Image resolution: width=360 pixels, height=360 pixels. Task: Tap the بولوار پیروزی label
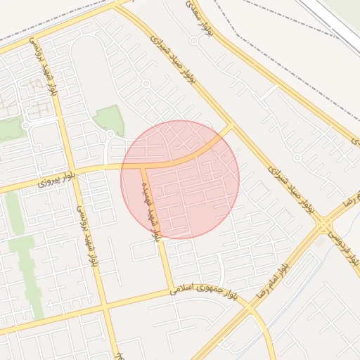(x=53, y=181)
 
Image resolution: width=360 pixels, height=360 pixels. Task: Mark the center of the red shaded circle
(x=180, y=179)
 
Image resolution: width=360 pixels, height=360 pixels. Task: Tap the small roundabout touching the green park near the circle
(x=110, y=134)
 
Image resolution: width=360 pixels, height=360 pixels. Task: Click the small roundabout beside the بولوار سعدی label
(x=193, y=40)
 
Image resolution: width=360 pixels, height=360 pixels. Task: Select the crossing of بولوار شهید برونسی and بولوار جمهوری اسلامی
(x=105, y=307)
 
